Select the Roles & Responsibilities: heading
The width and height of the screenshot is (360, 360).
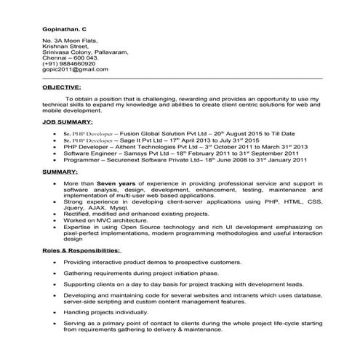(x=81, y=249)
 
